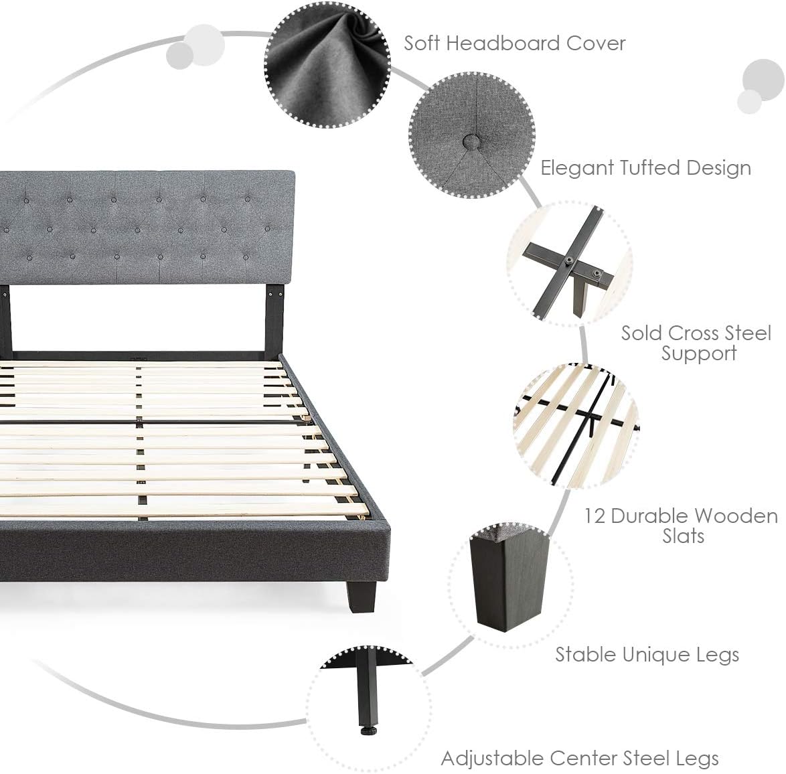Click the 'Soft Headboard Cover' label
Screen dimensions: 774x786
pyautogui.click(x=514, y=44)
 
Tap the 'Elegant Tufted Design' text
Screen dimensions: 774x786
pyautogui.click(x=645, y=167)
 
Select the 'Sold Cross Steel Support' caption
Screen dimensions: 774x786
pyautogui.click(x=696, y=343)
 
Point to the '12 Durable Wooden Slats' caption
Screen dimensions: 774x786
pyautogui.click(x=681, y=526)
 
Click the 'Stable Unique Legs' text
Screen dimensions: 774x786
pyautogui.click(x=647, y=654)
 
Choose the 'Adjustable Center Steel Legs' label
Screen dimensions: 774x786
pyautogui.click(x=580, y=758)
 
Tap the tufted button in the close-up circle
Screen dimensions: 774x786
pyautogui.click(x=472, y=141)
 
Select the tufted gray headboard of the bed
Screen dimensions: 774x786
pyautogui.click(x=147, y=228)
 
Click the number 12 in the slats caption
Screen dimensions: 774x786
pyautogui.click(x=595, y=516)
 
